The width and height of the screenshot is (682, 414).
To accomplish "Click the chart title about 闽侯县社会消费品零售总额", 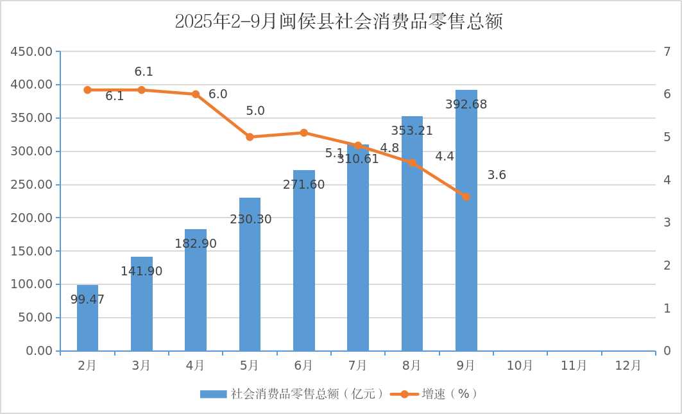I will (339, 22).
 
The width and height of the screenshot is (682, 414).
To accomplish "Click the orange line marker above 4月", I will (196, 94).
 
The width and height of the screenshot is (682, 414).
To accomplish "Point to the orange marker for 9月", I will (466, 196).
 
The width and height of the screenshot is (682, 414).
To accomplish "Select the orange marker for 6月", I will (303, 133).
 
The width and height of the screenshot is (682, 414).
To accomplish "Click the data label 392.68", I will (466, 105).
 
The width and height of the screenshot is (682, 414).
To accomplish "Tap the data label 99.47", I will (87, 300).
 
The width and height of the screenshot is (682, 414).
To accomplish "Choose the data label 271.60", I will (303, 185).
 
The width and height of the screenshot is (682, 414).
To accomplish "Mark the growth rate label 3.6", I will (497, 175).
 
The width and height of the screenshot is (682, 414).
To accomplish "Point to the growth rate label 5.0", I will (255, 111).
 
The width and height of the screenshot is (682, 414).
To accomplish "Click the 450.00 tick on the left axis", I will (32, 51).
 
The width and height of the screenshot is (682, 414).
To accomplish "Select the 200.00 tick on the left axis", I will (32, 218).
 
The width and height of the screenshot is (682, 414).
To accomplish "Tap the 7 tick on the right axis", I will (667, 51).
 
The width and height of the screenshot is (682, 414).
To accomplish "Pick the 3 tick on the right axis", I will (667, 223).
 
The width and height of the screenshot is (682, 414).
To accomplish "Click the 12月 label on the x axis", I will (627, 366).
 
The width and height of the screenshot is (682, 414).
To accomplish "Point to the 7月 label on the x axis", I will (357, 366).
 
